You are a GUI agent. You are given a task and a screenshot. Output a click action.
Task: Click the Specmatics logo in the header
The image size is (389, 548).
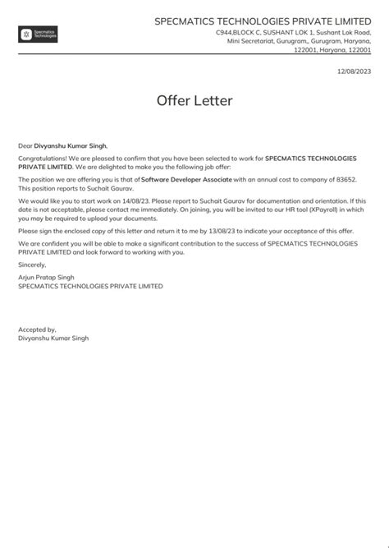38,35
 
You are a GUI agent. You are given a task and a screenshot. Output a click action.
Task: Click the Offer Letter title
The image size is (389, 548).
194,101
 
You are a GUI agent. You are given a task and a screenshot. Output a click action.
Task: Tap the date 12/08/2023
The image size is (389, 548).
354,72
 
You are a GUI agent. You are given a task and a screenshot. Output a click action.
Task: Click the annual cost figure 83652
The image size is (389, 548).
342,178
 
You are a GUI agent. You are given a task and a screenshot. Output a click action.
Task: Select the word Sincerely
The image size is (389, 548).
33,265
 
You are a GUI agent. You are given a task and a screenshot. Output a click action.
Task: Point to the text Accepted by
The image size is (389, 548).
37,329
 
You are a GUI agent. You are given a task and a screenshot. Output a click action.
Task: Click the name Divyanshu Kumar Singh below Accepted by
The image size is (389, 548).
53,338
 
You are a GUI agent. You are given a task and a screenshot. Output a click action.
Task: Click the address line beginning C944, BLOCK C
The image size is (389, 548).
293,31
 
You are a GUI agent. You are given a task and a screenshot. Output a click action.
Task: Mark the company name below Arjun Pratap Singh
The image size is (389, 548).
90,287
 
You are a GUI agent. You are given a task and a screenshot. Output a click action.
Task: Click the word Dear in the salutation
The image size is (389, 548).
25,145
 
